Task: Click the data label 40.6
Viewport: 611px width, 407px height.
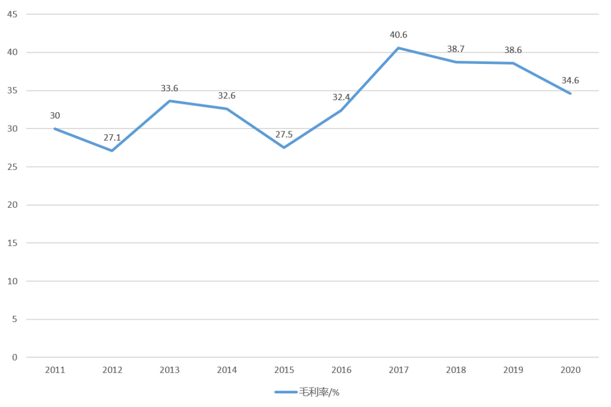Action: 398,35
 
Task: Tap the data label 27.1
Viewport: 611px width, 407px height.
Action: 112,138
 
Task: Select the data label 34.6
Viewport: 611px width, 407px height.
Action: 570,80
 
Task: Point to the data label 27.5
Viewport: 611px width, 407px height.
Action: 284,135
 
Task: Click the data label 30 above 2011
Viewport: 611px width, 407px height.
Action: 55,116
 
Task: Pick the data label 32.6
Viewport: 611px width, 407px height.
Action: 227,96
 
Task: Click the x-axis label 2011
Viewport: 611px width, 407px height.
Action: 55,370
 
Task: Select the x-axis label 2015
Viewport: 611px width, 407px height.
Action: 284,370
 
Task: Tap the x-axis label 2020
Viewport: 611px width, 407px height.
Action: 570,370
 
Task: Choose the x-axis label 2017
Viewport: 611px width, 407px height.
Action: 399,370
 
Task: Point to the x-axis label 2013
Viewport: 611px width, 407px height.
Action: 170,370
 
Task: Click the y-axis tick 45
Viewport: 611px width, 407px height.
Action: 12,14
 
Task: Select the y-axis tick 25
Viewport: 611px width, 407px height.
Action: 12,167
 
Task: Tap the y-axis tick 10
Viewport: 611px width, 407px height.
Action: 12,281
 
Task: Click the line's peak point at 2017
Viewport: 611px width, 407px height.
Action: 399,48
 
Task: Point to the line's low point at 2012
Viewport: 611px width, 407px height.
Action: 112,151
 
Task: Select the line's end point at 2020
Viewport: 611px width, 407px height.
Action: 570,93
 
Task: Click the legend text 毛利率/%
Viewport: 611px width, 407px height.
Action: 320,392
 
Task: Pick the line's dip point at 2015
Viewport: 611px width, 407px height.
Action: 284,148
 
